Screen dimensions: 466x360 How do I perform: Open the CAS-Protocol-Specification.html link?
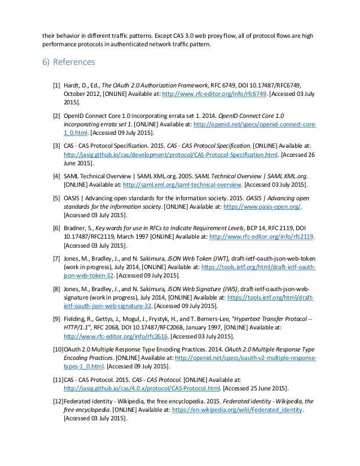click(x=172, y=153)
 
